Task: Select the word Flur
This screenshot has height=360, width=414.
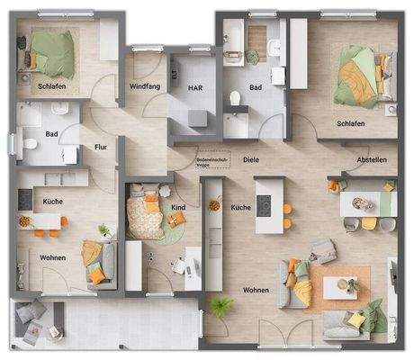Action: [100, 148]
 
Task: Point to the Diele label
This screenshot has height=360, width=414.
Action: [250, 159]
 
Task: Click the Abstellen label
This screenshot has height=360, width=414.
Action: [372, 160]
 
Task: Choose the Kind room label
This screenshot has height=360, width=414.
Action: [178, 208]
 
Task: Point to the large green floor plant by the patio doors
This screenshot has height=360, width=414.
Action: [222, 306]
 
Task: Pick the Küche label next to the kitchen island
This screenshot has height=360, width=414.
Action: [240, 208]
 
